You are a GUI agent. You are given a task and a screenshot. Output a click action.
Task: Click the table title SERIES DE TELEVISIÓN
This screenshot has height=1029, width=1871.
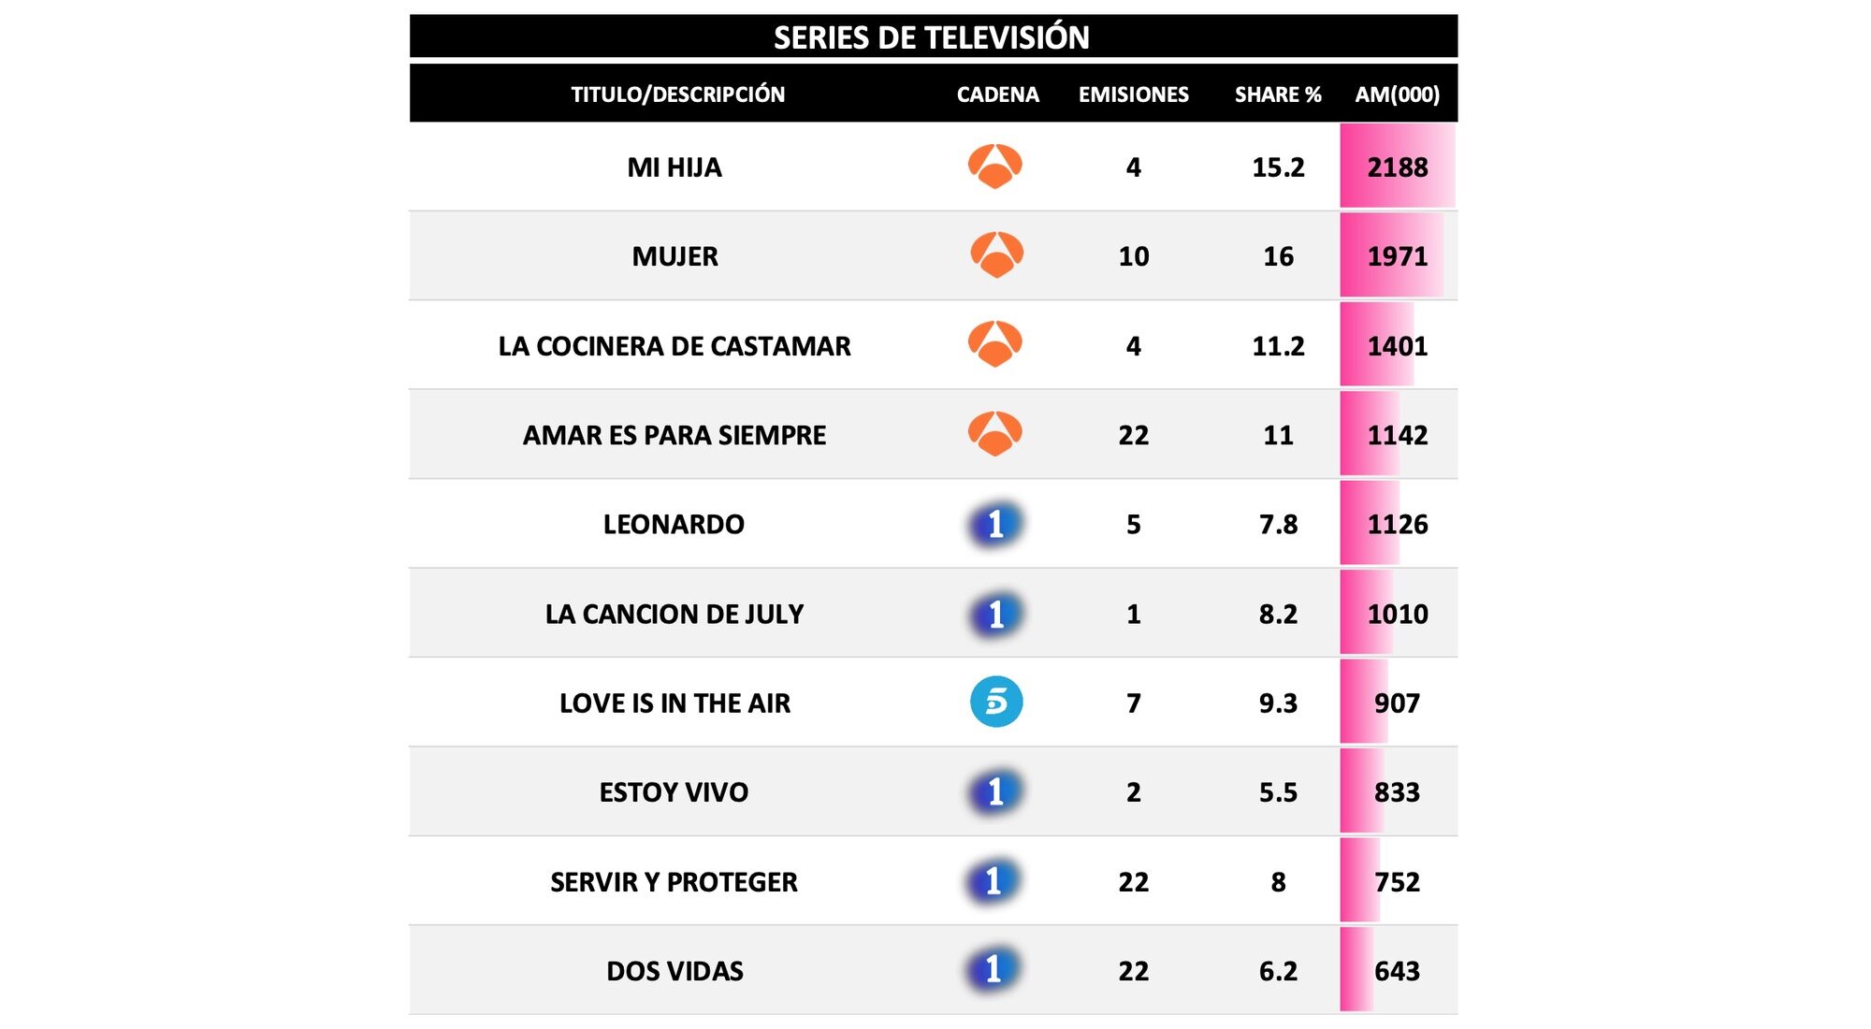click(x=931, y=37)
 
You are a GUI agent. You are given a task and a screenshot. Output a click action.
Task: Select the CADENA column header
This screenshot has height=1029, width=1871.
click(x=997, y=94)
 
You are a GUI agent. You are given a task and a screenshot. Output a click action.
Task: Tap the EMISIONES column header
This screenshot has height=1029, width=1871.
click(x=1133, y=94)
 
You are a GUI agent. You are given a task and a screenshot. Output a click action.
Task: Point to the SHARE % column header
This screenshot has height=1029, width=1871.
click(x=1277, y=94)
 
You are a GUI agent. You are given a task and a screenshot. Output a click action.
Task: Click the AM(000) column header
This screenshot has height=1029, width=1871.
click(x=1397, y=94)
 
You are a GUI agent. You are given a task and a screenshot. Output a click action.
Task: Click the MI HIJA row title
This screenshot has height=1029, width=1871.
click(x=674, y=167)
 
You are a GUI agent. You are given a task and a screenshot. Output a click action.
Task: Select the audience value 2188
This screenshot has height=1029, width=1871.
click(x=1397, y=167)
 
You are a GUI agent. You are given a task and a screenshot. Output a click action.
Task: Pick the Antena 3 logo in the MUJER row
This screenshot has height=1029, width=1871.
click(x=996, y=254)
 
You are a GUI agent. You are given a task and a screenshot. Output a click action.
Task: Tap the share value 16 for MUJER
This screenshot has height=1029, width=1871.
click(x=1278, y=256)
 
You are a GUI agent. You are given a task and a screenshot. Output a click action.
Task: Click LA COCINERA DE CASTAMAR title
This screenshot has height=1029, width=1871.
click(x=674, y=346)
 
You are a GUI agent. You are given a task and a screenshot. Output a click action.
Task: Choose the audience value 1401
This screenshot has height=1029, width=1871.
click(x=1397, y=346)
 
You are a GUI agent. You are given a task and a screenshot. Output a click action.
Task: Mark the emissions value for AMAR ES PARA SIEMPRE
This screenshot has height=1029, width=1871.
click(x=1133, y=435)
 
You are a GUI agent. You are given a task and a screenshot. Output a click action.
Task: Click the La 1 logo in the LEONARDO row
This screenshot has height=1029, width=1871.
click(x=995, y=524)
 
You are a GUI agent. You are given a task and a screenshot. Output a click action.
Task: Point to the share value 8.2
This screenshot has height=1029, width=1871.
click(x=1278, y=614)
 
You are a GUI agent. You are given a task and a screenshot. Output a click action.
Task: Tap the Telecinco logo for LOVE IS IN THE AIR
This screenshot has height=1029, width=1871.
click(x=996, y=702)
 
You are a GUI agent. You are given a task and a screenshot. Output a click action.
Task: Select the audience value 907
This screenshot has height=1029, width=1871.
click(x=1397, y=703)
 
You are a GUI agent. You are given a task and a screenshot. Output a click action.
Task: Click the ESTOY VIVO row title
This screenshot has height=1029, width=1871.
click(x=674, y=792)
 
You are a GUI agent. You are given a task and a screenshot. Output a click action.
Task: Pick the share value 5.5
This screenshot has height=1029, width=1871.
click(x=1278, y=792)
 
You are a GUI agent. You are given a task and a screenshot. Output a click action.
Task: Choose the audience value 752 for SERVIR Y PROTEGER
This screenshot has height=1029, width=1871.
click(x=1397, y=882)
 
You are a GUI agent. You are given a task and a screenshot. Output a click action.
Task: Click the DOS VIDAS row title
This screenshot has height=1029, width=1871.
click(x=674, y=971)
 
